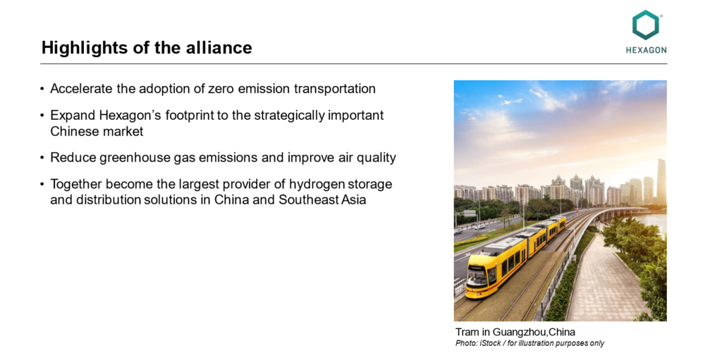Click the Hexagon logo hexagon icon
[646, 25]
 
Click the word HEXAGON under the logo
[646, 50]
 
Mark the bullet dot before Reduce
[42, 158]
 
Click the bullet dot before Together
[42, 185]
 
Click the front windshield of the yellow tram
[477, 275]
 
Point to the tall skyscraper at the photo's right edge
[661, 182]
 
